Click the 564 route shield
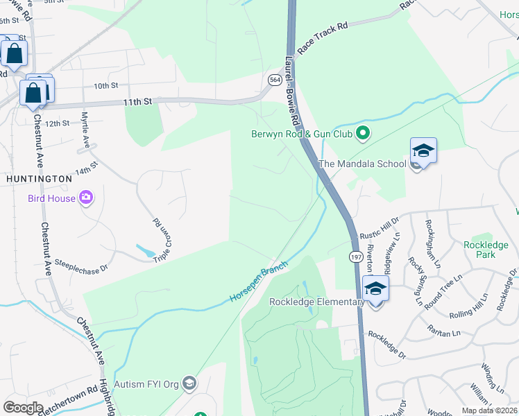pyautogui.click(x=275, y=80)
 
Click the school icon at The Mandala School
pyautogui.click(x=423, y=150)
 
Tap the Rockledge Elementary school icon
pyautogui.click(x=375, y=288)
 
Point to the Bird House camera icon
pyautogui.click(x=86, y=198)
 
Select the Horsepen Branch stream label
pyautogui.click(x=258, y=284)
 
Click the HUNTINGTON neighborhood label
pyautogui.click(x=39, y=178)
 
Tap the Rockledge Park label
pyautogui.click(x=486, y=250)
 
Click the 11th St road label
pyautogui.click(x=137, y=101)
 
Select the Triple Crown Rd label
pyautogui.click(x=162, y=235)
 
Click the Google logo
pyautogui.click(x=23, y=407)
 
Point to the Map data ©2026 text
pyautogui.click(x=488, y=410)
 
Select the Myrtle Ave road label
pyautogui.click(x=86, y=130)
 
